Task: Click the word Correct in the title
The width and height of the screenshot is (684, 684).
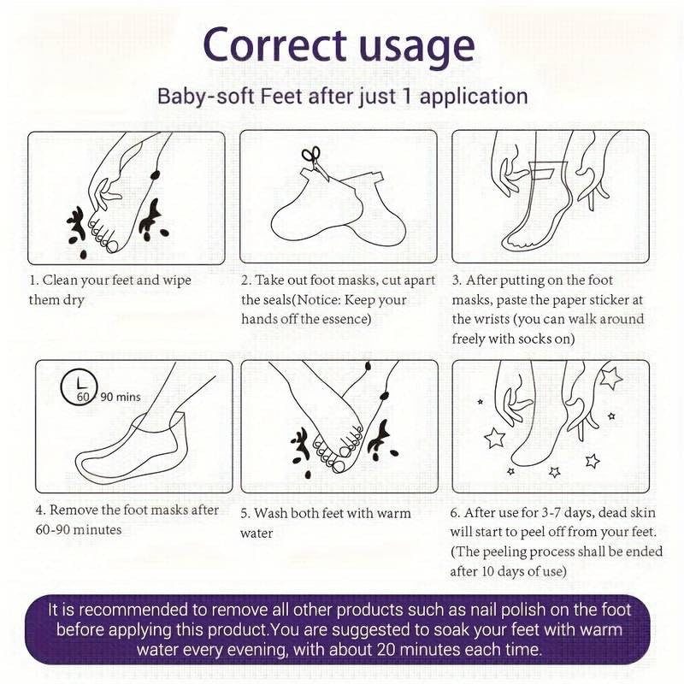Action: pyautogui.click(x=274, y=45)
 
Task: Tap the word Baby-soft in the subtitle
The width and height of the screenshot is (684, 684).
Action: pyautogui.click(x=206, y=96)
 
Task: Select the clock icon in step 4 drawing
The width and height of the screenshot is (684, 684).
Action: pyautogui.click(x=79, y=387)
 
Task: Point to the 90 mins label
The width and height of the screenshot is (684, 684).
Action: pyautogui.click(x=121, y=397)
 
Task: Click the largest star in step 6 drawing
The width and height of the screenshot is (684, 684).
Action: pyautogui.click(x=610, y=378)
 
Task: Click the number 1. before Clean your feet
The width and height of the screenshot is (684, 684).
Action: pyautogui.click(x=33, y=280)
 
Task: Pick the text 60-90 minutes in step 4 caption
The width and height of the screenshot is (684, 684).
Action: pyautogui.click(x=79, y=529)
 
